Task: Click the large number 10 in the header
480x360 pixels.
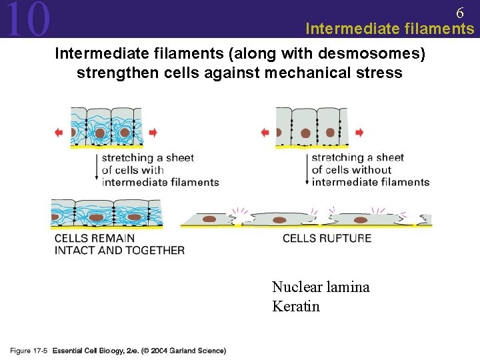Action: pyautogui.click(x=27, y=19)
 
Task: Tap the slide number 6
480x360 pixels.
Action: pyautogui.click(x=460, y=13)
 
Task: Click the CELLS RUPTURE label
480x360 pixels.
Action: pyautogui.click(x=327, y=238)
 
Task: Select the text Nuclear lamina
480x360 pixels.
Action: pyautogui.click(x=321, y=287)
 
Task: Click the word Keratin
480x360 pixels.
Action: pyautogui.click(x=296, y=307)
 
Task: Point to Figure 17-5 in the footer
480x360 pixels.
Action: pyautogui.click(x=29, y=351)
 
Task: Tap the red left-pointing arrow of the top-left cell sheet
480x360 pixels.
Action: pyautogui.click(x=59, y=133)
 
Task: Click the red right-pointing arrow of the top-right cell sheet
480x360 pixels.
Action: pyautogui.click(x=360, y=133)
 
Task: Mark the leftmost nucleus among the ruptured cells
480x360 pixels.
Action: pyautogui.click(x=209, y=219)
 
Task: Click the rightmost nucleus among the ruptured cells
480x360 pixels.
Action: pyautogui.click(x=361, y=219)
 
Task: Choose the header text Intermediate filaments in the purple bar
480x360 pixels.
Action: pyautogui.click(x=389, y=29)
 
